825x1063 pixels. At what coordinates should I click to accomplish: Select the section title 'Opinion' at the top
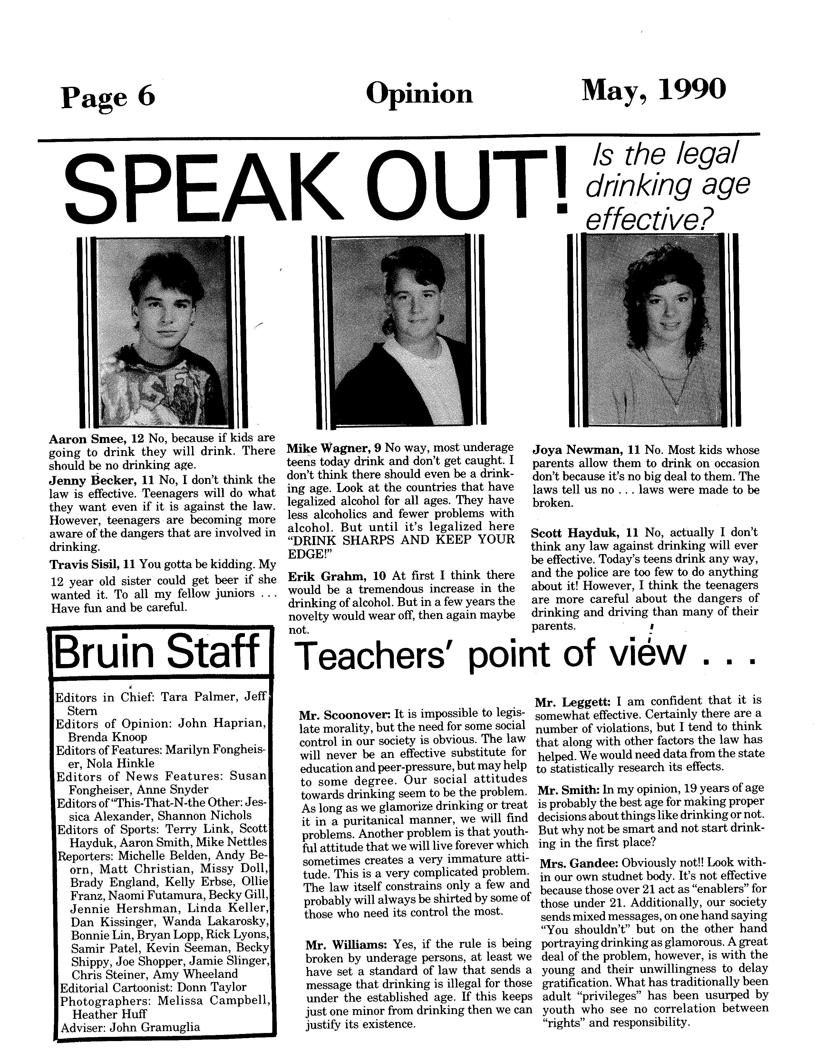(419, 94)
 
